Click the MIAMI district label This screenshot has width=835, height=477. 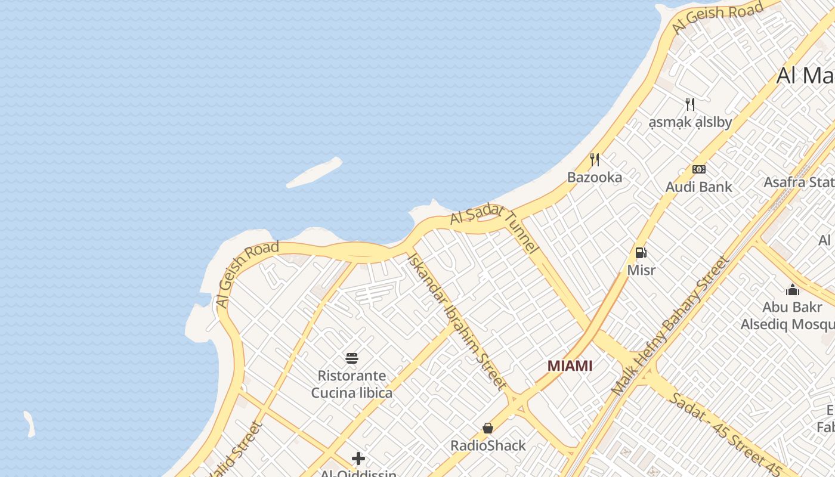[570, 366]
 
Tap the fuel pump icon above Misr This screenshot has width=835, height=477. [641, 253]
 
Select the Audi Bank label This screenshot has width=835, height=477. [698, 187]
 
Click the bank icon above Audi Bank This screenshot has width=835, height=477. [698, 169]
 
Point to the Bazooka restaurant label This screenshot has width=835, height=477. [594, 177]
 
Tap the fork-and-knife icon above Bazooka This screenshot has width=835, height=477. [594, 160]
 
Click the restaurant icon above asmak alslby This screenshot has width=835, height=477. [690, 104]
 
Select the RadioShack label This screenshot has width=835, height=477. [488, 445]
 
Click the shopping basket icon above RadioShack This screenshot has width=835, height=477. [488, 428]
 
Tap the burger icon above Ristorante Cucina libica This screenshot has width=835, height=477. [352, 358]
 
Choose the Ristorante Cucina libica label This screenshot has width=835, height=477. [352, 384]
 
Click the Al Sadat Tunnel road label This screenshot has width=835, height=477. [494, 229]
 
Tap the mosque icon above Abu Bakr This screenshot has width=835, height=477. [793, 290]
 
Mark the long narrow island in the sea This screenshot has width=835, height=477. [314, 172]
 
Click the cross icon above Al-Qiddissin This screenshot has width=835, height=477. [358, 459]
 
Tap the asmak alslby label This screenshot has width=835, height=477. [690, 123]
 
